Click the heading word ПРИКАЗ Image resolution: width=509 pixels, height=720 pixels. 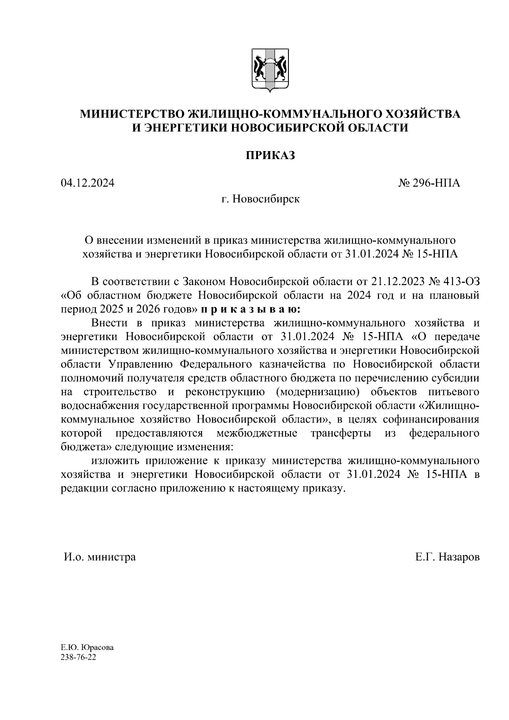[x=271, y=156]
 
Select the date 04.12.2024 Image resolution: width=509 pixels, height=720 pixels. [x=87, y=183]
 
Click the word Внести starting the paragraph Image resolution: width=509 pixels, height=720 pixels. [x=109, y=323]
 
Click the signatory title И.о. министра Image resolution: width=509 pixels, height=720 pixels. [x=100, y=557]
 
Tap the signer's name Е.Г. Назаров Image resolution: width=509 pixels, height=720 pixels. [x=447, y=557]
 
